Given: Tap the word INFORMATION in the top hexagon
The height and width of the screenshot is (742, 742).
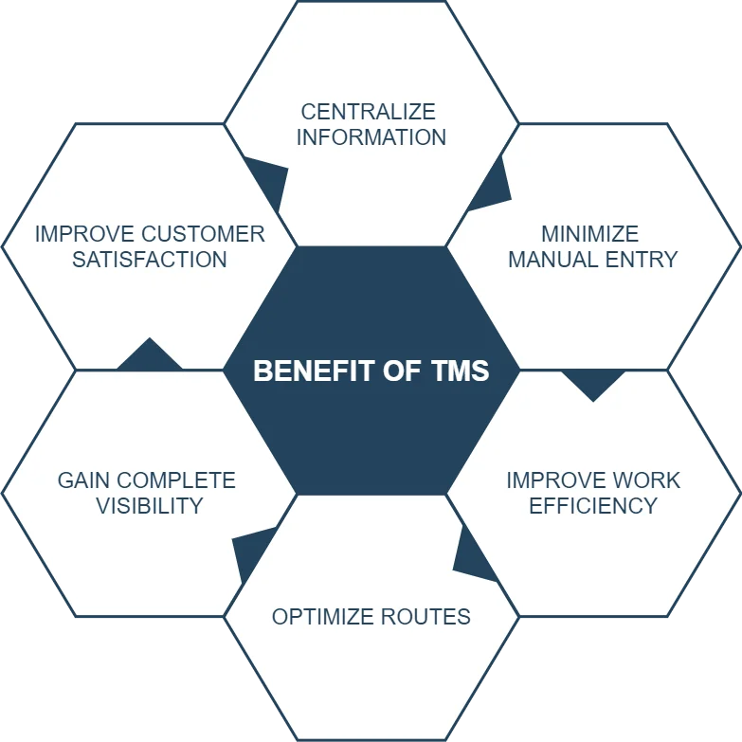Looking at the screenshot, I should tap(371, 137).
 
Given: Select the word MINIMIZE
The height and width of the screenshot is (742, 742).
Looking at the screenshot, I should tap(589, 234).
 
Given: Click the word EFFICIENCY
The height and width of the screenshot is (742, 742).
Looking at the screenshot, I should tap(593, 505).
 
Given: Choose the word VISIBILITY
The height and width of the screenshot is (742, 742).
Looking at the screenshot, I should tap(150, 505).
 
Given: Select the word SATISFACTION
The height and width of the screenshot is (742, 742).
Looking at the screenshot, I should tap(150, 259).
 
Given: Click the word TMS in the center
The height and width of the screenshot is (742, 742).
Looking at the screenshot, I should tap(458, 371).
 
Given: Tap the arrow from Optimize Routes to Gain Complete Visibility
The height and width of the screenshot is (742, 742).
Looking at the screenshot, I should tap(251, 553).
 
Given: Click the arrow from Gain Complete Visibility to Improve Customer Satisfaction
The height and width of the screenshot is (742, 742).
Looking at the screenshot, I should tap(149, 356).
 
